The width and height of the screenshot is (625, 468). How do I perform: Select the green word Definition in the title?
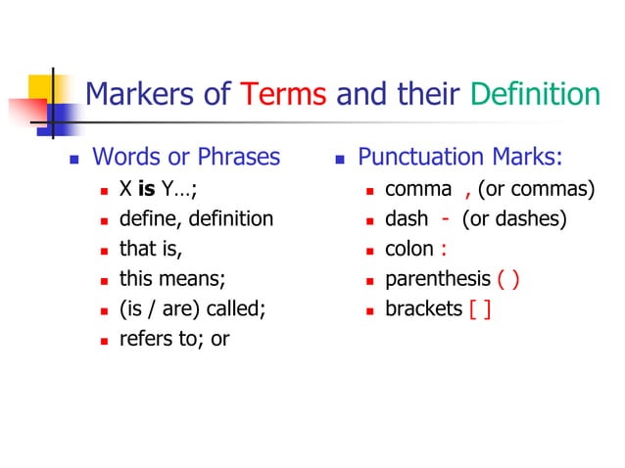(x=534, y=95)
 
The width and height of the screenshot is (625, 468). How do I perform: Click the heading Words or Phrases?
(x=185, y=157)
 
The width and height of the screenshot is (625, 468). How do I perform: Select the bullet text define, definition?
(x=196, y=218)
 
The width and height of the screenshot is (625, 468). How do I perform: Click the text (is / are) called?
(x=192, y=309)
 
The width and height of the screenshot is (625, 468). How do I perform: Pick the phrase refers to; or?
(x=174, y=340)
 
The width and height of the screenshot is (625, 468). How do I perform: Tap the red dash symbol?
(x=446, y=218)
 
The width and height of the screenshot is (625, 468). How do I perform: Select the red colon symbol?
(x=443, y=249)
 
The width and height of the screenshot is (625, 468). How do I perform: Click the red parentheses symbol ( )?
(x=508, y=279)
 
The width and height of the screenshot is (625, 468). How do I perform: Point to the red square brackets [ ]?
(x=480, y=309)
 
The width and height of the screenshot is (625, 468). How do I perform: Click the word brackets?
(x=423, y=309)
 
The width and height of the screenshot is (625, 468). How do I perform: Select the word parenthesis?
(x=438, y=279)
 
